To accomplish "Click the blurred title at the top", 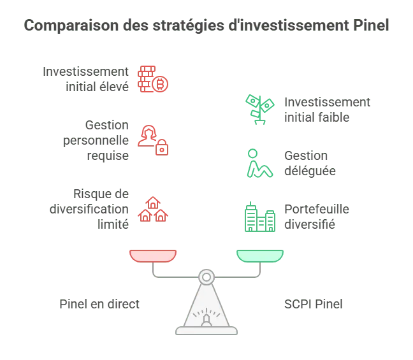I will coord(207,25).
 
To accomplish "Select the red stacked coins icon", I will coord(152,78).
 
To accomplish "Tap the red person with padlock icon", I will coord(153,140).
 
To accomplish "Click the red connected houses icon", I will coord(153,208).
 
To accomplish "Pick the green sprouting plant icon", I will coord(259,109).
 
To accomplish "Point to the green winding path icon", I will coord(259,163).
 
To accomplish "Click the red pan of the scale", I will coord(153,256).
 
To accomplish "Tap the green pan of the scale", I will coord(259,256).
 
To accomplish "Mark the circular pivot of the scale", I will coord(207,277).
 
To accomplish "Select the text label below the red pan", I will coord(99,304).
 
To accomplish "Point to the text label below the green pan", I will coord(313,304).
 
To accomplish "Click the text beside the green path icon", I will coord(308,163).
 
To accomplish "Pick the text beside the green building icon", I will coord(309,217).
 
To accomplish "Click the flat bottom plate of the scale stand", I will coord(207,331).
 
